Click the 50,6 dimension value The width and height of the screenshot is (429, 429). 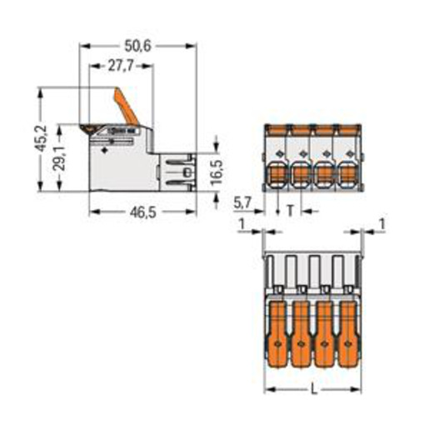(137, 46)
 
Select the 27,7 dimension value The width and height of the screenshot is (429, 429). (121, 66)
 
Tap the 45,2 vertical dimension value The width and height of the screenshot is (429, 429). (42, 138)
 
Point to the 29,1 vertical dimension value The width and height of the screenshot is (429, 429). (59, 158)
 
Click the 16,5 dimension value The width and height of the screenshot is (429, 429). (217, 172)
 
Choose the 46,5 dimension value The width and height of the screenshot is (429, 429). (143, 212)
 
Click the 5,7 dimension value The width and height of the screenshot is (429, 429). (242, 203)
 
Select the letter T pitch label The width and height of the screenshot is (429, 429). (290, 211)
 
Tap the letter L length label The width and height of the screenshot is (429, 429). (314, 389)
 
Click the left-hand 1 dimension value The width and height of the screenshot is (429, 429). (242, 224)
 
